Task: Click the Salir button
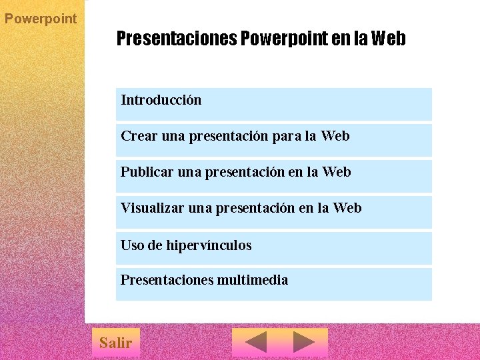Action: pos(115,343)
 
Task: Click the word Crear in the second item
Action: pos(139,136)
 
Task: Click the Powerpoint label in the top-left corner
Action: pos(41,19)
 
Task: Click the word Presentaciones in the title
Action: pos(176,39)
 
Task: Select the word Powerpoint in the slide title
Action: pos(284,39)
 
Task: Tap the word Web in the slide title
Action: pos(388,39)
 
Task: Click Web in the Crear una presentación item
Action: pos(335,136)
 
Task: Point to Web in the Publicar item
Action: pos(337,172)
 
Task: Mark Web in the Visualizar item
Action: pos(347,208)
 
